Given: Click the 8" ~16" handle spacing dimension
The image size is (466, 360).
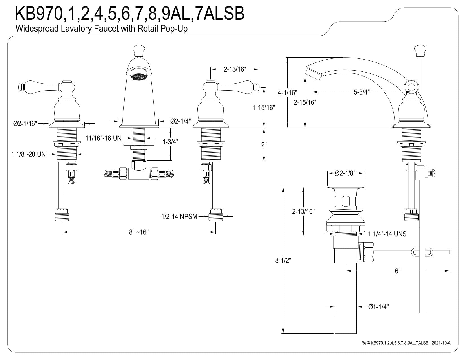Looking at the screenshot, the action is (139, 232).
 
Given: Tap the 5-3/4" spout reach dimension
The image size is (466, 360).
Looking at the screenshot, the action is (362, 92).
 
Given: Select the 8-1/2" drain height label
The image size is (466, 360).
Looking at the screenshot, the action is (283, 260).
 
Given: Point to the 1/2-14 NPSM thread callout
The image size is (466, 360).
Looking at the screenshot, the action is (179, 217).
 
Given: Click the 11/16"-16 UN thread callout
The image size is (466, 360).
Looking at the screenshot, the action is (103, 138).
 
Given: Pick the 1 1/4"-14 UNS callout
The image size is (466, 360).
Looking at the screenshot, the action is (387, 234).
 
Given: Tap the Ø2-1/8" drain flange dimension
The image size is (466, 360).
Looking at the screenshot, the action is (345, 173).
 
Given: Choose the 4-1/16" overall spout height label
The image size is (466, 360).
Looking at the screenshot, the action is (287, 93).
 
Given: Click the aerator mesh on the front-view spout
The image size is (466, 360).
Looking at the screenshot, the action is (139, 77).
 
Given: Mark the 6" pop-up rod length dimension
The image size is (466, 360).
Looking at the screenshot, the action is (398, 271).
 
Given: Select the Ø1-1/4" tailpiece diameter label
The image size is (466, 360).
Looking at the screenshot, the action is (378, 307).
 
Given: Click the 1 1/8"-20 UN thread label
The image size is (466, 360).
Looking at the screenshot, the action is (28, 154).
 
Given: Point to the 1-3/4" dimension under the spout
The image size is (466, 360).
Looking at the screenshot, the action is (170, 142).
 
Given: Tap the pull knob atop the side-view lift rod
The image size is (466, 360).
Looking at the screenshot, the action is (420, 51).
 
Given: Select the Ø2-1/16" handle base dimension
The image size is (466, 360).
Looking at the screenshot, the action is (25, 123).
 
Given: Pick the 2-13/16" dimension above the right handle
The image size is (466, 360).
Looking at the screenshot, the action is (235, 69).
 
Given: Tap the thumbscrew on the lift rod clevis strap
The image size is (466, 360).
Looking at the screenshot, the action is (431, 173).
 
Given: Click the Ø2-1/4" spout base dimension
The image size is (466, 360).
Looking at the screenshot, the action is (180, 121).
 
